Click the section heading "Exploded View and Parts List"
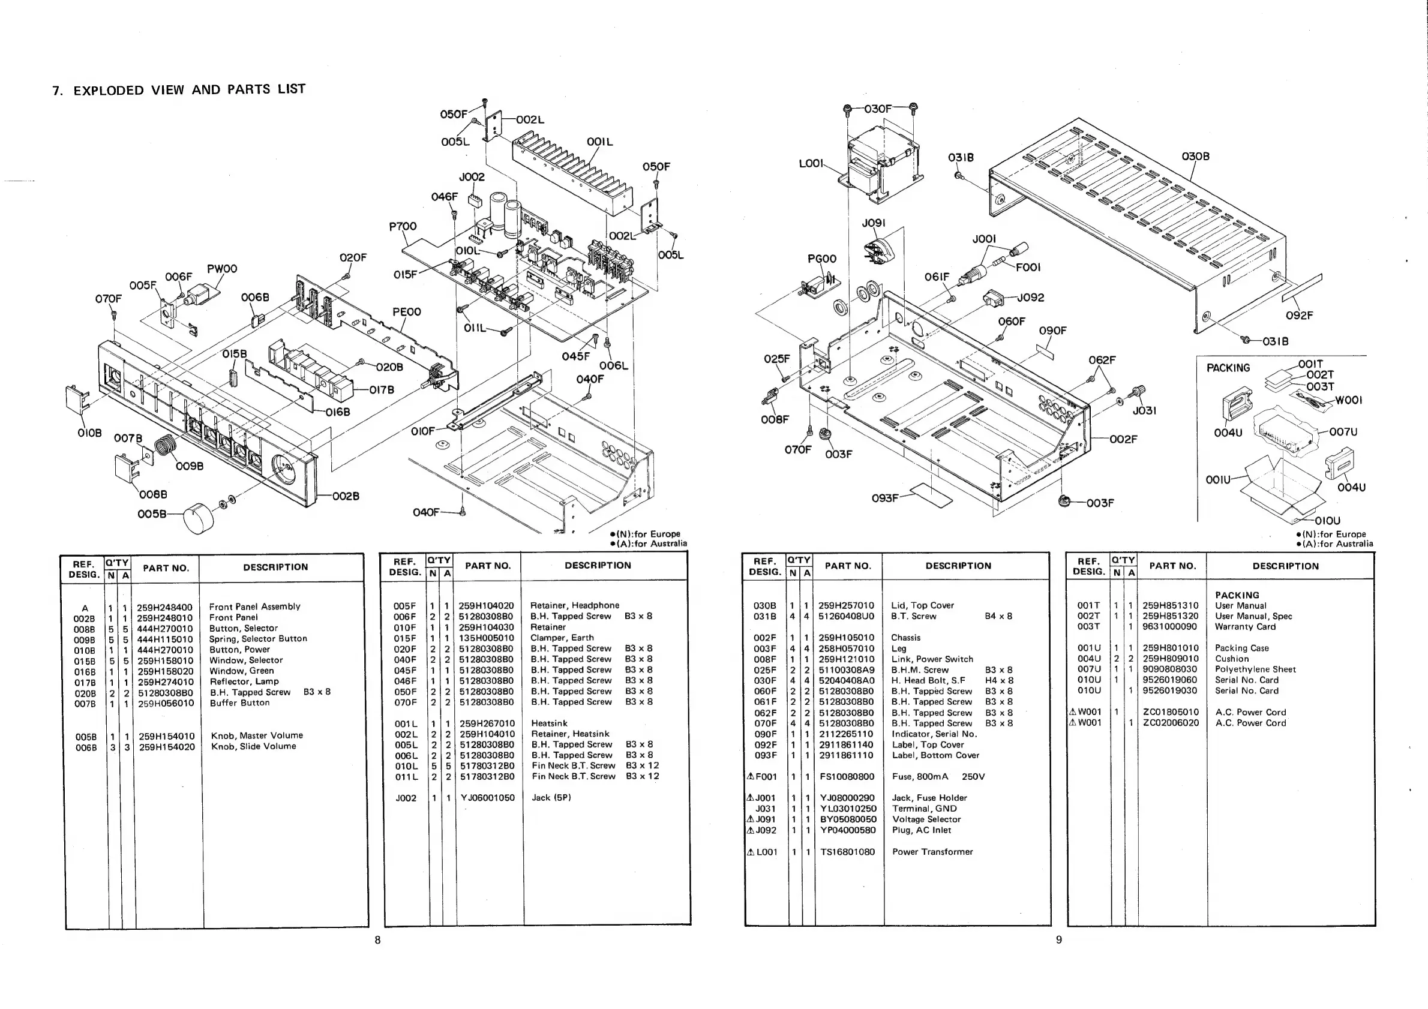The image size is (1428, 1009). point(179,89)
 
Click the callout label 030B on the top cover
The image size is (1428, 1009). point(1195,156)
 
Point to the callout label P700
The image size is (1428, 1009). point(403,226)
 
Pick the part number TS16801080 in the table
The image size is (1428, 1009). point(847,852)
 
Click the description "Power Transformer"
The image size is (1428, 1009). point(932,852)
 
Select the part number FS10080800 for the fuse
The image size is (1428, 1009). point(847,776)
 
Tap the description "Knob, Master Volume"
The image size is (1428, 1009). point(257,735)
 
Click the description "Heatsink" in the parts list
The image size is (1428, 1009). point(549,723)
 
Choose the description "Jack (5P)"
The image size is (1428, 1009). point(551,798)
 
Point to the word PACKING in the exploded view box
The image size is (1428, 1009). point(1228,368)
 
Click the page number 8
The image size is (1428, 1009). point(377,939)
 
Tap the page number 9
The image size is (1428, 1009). point(1058,939)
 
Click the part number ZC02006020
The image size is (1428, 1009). point(1171,723)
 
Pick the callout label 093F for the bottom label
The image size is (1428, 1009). point(884,498)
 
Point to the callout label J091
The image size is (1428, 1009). point(874,223)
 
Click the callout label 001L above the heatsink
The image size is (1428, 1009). point(599,142)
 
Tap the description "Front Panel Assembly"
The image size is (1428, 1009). point(254,606)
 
